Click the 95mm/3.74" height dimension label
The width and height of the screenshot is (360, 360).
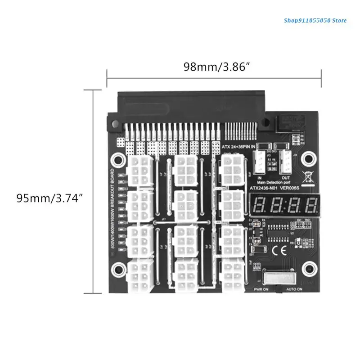pyautogui.click(x=49, y=198)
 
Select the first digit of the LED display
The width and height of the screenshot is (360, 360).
pyautogui.click(x=260, y=206)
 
